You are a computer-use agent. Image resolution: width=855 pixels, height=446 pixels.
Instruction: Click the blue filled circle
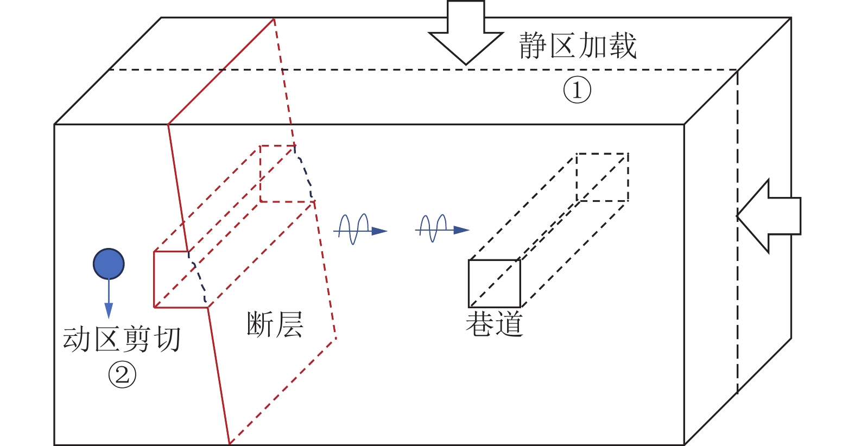(109, 264)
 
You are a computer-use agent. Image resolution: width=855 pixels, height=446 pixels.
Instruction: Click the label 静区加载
(578, 46)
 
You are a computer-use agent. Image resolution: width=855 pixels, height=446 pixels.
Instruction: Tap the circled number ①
(577, 90)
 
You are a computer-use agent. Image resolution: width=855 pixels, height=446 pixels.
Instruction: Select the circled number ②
(122, 375)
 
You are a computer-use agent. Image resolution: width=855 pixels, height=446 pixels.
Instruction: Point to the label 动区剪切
(122, 339)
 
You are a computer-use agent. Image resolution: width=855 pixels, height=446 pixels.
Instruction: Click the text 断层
(275, 324)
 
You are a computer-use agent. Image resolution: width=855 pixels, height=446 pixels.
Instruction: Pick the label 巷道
(495, 323)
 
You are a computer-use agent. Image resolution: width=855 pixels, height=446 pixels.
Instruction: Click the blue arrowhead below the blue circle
(109, 310)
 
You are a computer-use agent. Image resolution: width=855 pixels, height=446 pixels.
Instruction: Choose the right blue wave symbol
(442, 230)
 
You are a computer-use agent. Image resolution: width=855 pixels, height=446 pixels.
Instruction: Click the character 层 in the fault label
(290, 324)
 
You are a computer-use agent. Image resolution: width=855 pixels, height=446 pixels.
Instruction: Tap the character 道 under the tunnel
(509, 323)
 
